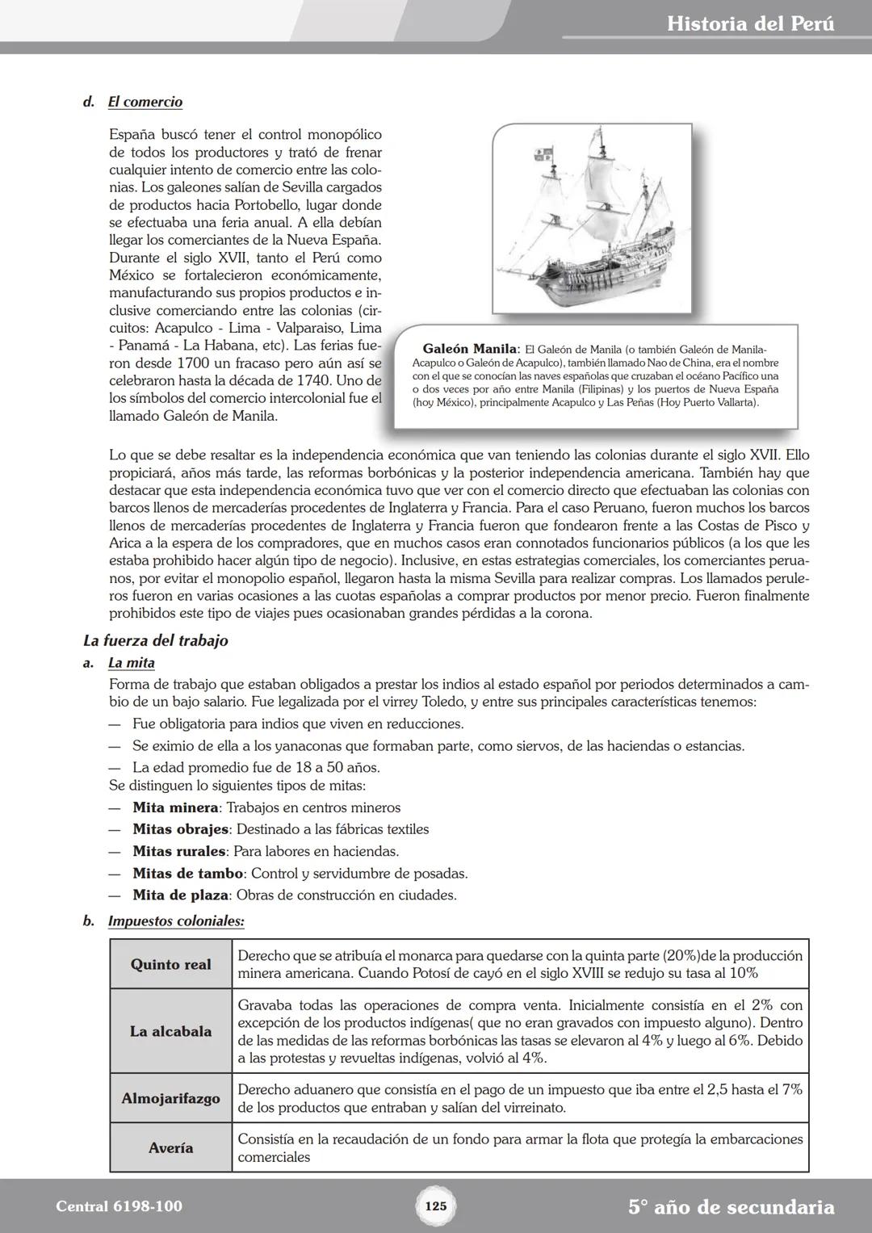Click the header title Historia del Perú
[750, 23]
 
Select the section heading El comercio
[145, 102]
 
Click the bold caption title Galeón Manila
[469, 349]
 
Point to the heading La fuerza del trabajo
[156, 640]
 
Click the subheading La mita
[132, 663]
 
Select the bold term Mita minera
[175, 807]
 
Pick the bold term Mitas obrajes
[181, 829]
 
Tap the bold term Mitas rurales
[179, 851]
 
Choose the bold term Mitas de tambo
[187, 873]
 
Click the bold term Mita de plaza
[181, 895]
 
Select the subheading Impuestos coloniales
[176, 921]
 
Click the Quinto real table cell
[171, 964]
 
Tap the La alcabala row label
[171, 1031]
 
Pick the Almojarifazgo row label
[171, 1098]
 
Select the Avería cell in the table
[171, 1147]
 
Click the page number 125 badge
[435, 1206]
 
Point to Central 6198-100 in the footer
[119, 1206]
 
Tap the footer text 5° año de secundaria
[731, 1207]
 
